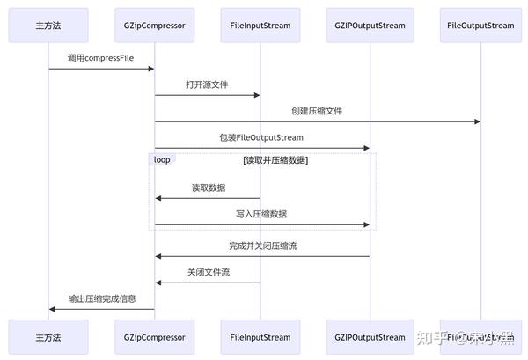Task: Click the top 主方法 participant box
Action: [48, 26]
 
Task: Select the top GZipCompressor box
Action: [155, 26]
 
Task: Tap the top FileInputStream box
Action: [260, 26]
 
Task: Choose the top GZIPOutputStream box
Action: [370, 26]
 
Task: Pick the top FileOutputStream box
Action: [480, 26]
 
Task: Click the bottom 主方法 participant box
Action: [48, 337]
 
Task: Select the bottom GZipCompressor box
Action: [155, 337]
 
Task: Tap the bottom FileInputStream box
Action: [260, 337]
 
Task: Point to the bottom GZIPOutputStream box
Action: [370, 337]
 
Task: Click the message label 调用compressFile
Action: [101, 58]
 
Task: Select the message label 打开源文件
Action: [208, 84]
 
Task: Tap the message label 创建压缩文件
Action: [317, 111]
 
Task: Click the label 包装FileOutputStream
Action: [261, 137]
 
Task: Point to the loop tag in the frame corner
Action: [163, 159]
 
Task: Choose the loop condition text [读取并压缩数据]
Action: [275, 160]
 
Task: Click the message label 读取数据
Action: [209, 187]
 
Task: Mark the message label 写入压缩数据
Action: [261, 214]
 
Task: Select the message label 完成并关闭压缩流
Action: [262, 246]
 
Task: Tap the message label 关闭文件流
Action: [209, 272]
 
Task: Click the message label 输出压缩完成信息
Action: [102, 298]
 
